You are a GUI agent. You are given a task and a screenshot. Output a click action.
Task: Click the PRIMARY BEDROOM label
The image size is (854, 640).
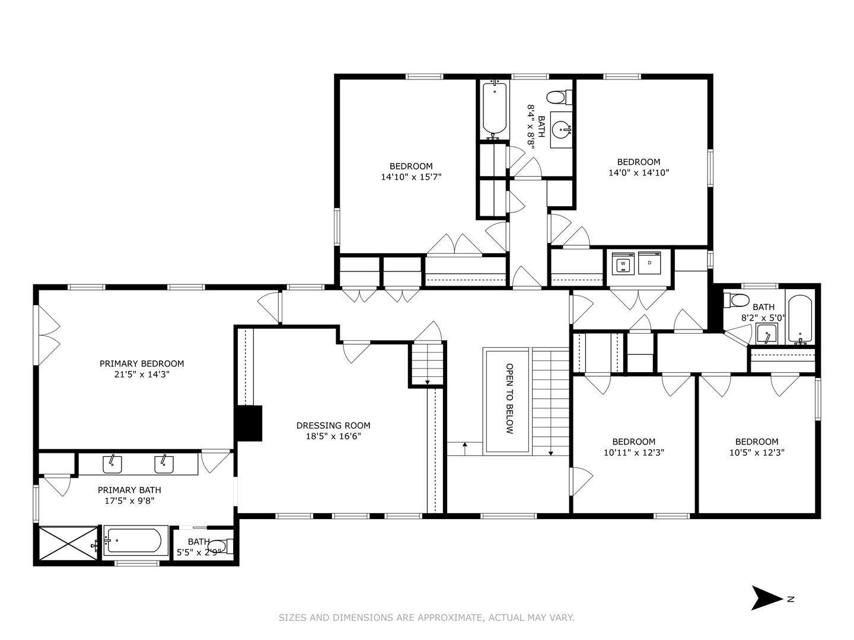coord(141,363)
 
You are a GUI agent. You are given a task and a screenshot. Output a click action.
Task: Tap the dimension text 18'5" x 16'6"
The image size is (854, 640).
coord(333,436)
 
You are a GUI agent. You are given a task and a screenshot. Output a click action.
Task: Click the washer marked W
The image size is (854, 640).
coord(623,263)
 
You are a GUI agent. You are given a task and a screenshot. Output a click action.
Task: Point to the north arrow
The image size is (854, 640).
coord(767,598)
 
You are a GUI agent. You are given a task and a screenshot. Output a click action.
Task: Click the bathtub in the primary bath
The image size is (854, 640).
coord(133,541)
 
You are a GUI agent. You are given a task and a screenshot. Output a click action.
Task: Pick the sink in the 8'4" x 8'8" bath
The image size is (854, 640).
coord(561,128)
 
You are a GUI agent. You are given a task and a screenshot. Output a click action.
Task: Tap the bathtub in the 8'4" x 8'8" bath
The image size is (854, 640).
coord(494,108)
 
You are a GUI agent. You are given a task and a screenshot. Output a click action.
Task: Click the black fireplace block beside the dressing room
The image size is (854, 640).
coord(249,423)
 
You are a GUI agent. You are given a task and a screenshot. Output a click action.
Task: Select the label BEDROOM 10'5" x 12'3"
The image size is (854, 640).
coord(756,447)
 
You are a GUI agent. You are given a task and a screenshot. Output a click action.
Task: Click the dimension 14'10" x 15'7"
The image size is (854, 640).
coord(411,177)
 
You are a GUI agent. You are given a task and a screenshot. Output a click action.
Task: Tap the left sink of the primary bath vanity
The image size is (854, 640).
coord(112,465)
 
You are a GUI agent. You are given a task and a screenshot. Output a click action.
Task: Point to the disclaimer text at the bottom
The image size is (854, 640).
coord(426,617)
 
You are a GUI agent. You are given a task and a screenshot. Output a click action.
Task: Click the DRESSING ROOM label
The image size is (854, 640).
coord(333,425)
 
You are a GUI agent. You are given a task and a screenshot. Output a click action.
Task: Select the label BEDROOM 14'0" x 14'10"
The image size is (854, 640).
coord(638,167)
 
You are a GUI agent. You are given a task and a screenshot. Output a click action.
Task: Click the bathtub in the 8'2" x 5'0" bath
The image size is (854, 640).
coord(799,320)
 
